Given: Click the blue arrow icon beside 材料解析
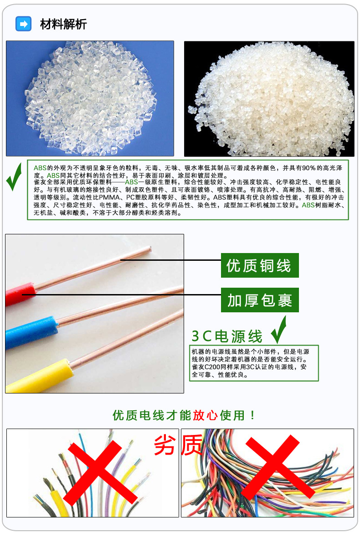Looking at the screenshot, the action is coord(23,24).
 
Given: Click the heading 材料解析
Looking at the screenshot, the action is coord(63,24).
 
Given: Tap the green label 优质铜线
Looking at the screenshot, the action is coord(260,265).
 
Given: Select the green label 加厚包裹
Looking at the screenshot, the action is coord(260,300).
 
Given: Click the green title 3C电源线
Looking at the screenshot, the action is coord(226,336).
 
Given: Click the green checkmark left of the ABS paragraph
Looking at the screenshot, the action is coord(14,177).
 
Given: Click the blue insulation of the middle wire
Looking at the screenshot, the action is coord(31,332).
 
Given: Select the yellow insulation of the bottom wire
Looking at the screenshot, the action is coord(38,376).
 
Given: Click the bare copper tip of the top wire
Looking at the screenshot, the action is coord(149,249).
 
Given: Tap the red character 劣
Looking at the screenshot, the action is coord(165,445).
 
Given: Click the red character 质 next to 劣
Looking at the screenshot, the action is coord(192,445).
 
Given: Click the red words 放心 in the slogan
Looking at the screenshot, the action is coord(206,415).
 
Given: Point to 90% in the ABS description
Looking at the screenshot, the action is coord(309,168).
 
